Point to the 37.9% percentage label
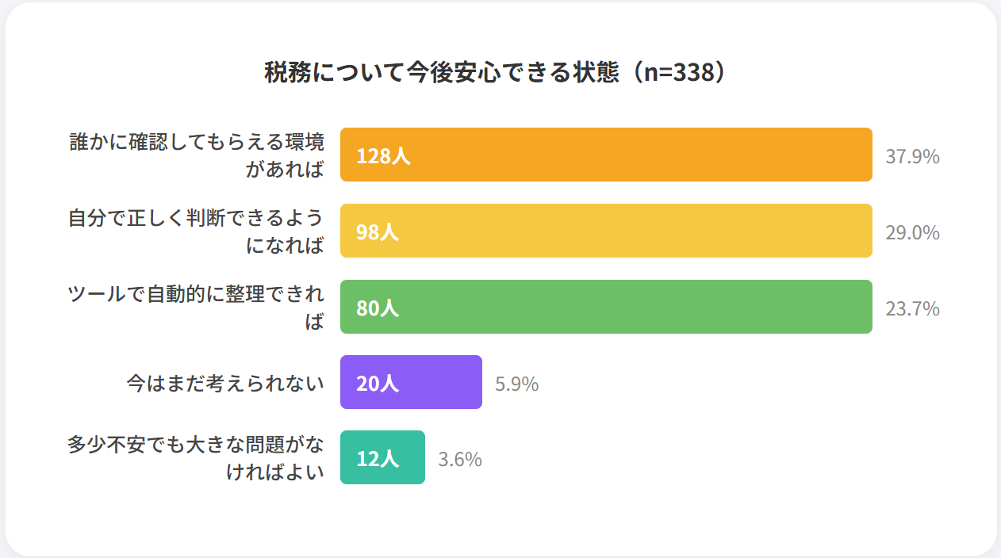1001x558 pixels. coord(912,156)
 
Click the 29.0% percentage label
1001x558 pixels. coord(912,232)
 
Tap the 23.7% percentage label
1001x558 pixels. coord(912,308)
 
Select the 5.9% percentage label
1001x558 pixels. coord(516,384)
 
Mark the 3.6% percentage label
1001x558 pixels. coord(460,460)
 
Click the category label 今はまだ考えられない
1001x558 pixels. coord(225,384)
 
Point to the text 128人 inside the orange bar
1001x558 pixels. coord(383,156)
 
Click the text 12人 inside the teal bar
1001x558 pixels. coord(378,458)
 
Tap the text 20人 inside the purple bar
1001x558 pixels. coord(378,384)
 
